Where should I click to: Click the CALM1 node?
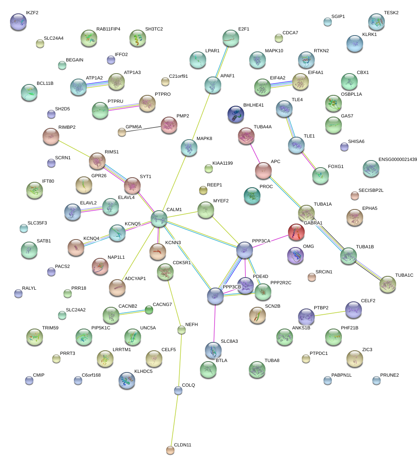159,219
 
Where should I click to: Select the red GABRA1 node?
296,232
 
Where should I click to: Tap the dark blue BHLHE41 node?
236,114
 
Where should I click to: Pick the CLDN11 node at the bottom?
170,450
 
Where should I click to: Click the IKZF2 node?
18,22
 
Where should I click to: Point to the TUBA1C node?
388,284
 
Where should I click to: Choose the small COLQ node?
178,390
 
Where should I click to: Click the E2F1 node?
230,38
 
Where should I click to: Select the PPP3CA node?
245,250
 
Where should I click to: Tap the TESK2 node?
377,22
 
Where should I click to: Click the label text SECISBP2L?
371,190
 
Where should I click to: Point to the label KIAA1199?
222,163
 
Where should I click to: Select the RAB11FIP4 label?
108,29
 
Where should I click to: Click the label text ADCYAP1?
135,278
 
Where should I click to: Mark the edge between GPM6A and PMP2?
144,129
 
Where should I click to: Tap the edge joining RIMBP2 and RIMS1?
74,148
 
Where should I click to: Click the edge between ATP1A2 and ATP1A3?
97,84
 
